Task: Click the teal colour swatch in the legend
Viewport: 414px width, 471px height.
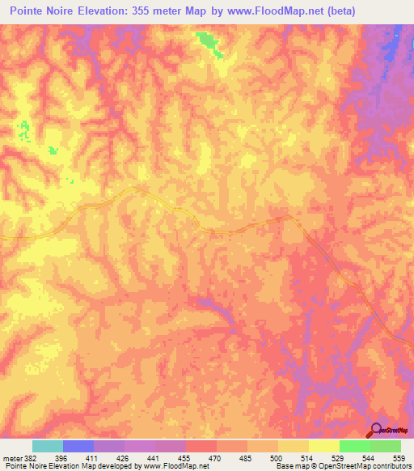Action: tap(48, 446)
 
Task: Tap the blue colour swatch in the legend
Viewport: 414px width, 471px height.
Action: tap(78, 446)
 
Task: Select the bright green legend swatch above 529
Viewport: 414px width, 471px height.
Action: tap(354, 446)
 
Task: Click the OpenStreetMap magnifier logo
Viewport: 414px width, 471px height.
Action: tap(377, 430)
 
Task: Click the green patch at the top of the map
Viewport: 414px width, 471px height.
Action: tap(209, 43)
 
